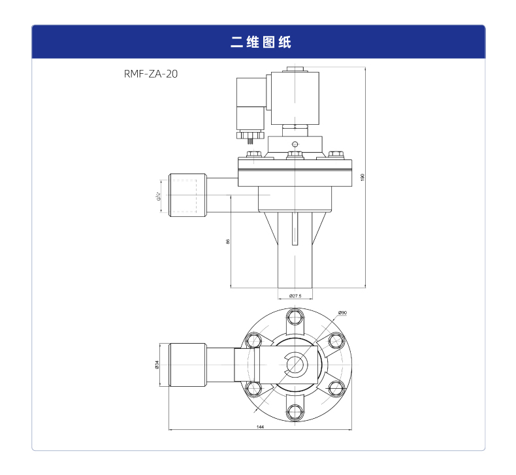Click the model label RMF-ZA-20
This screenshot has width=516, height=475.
tap(150, 74)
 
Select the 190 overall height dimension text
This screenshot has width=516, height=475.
tap(361, 178)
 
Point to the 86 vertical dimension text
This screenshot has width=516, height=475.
tap(227, 241)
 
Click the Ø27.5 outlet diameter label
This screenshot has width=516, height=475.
tap(295, 296)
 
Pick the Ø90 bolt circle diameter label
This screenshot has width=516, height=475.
tap(342, 313)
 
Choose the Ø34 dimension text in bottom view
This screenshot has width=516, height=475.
tap(157, 365)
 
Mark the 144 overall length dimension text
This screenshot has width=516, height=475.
tap(260, 427)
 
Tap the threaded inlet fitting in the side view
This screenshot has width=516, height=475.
tap(187, 195)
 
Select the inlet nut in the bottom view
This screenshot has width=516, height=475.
tap(187, 365)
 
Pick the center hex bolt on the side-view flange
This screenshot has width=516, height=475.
tap(295, 156)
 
